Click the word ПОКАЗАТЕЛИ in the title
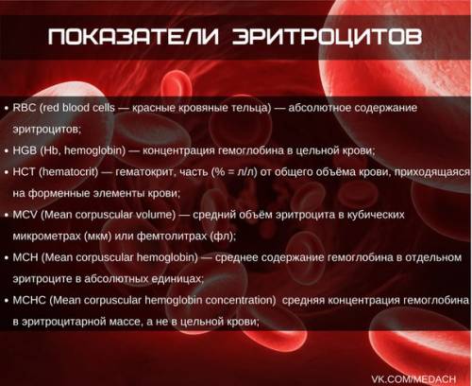point(133,37)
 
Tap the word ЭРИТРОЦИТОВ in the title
point(328,37)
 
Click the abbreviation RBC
point(25,108)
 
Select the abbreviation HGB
point(25,150)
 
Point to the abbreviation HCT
point(24,172)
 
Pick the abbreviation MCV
point(25,215)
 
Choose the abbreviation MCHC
point(29,300)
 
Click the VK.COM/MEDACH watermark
point(413,378)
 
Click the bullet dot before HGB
point(7,151)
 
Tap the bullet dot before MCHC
point(7,301)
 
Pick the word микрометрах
point(46,237)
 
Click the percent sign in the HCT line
point(220,172)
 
